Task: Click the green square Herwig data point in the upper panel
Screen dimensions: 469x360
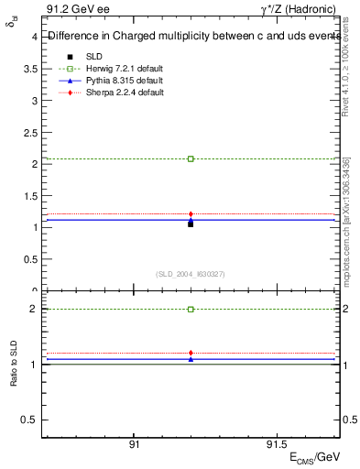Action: coord(191,158)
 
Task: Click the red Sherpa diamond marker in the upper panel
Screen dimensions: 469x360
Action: coord(191,214)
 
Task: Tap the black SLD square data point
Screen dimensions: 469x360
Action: coord(191,224)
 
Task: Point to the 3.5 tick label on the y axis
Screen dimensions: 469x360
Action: coord(30,69)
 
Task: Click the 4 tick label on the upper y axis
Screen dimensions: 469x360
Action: coord(34,37)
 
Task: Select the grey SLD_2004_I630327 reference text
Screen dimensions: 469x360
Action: coord(191,274)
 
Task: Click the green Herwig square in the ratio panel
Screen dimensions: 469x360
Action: coord(191,310)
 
